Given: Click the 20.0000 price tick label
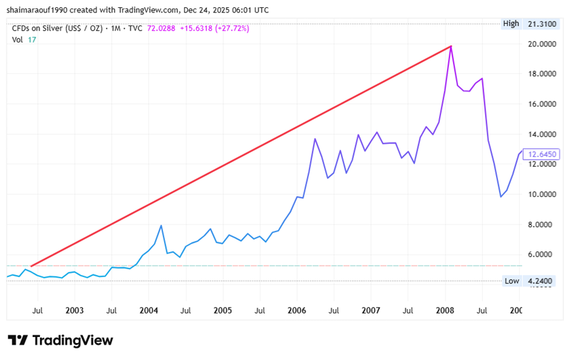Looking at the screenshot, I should (x=541, y=44).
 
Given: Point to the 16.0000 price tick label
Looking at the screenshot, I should (x=541, y=104).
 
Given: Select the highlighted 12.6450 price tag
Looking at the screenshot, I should (x=543, y=154).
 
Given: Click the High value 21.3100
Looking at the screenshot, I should (x=541, y=24).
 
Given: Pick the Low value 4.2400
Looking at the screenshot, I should (x=541, y=281).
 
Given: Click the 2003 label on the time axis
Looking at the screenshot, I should (x=75, y=310).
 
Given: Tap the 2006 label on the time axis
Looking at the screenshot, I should (x=297, y=310).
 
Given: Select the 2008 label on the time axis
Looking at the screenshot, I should (x=445, y=310).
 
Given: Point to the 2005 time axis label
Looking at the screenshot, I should (x=223, y=310).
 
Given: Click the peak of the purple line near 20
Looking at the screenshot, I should (x=451, y=46).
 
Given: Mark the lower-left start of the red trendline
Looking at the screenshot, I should (x=31, y=266).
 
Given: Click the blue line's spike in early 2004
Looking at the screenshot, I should (x=161, y=226).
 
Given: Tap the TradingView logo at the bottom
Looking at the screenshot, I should (x=60, y=340).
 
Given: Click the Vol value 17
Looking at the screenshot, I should (x=32, y=39).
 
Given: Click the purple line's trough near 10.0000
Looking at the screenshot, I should (x=501, y=196).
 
